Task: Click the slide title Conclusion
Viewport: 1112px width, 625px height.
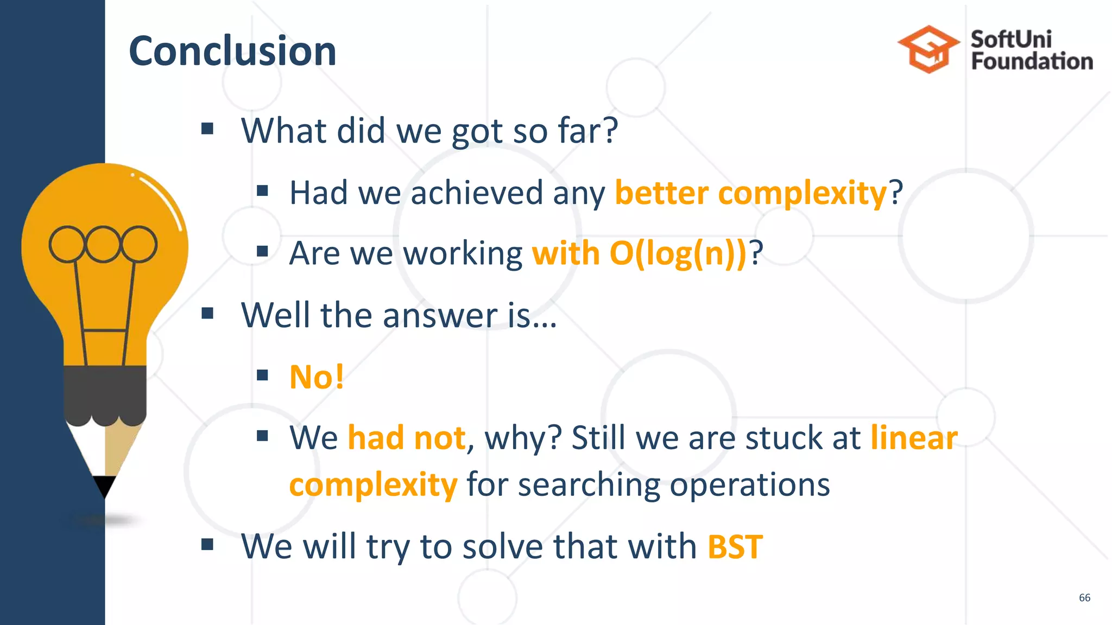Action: pyautogui.click(x=232, y=51)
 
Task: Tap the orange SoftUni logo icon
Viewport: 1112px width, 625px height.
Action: pyautogui.click(x=928, y=49)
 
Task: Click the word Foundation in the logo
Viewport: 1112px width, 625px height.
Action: pyautogui.click(x=1032, y=61)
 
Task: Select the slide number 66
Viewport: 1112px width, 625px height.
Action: pyautogui.click(x=1084, y=597)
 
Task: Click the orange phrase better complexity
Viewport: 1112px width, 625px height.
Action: pyautogui.click(x=750, y=193)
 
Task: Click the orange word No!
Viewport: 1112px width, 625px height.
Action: pyautogui.click(x=317, y=377)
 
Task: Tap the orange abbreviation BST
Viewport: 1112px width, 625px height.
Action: pyautogui.click(x=735, y=546)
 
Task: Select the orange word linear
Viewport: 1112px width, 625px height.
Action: pyautogui.click(x=914, y=438)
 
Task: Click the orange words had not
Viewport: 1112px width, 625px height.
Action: pyautogui.click(x=406, y=438)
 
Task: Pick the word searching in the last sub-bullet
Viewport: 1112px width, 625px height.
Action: pyautogui.click(x=589, y=484)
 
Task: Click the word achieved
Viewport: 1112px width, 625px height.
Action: pyautogui.click(x=477, y=193)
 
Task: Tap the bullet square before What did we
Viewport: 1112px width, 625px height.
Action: pyautogui.click(x=207, y=129)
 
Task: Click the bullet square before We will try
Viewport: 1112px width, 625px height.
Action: pyautogui.click(x=207, y=544)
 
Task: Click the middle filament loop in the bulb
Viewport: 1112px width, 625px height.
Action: pyautogui.click(x=103, y=244)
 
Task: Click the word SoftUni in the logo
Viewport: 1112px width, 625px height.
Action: pyautogui.click(x=1011, y=39)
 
